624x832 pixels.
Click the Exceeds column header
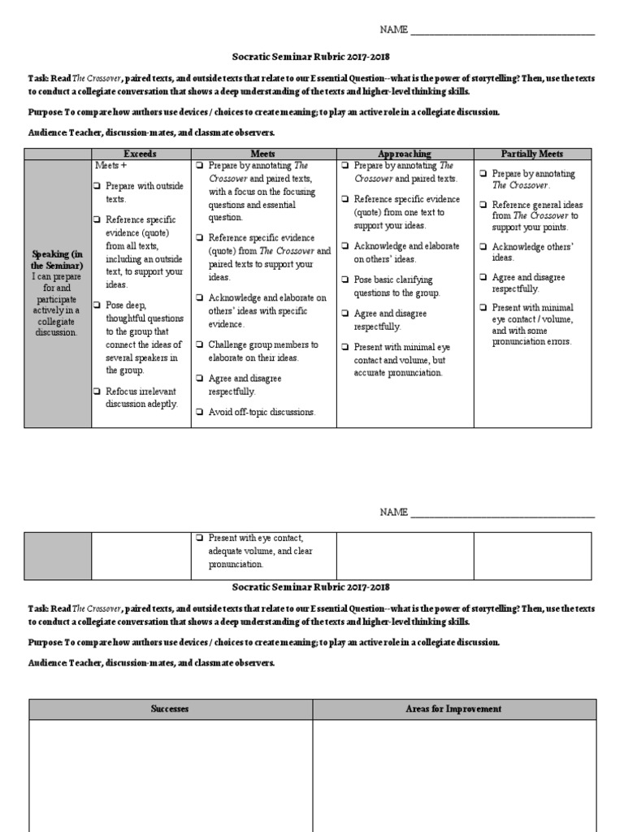(140, 154)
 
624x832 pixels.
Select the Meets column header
(262, 154)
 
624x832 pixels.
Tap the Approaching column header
(405, 154)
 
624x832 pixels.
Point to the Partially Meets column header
(531, 154)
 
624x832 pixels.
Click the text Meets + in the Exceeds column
(111, 166)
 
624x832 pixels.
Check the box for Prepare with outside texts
(97, 186)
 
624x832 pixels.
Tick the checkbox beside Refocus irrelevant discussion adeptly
(97, 391)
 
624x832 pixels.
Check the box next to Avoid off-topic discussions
(199, 412)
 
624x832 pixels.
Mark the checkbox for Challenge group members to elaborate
(199, 344)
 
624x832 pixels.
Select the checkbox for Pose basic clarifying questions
(344, 280)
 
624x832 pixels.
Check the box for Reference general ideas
(483, 205)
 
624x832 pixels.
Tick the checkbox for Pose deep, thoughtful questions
(97, 305)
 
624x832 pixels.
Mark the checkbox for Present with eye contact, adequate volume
(199, 538)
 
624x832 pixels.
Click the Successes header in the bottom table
(170, 709)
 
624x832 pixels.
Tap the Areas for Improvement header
(453, 709)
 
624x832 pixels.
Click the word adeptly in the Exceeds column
(160, 404)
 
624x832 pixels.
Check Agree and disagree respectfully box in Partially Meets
(483, 278)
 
